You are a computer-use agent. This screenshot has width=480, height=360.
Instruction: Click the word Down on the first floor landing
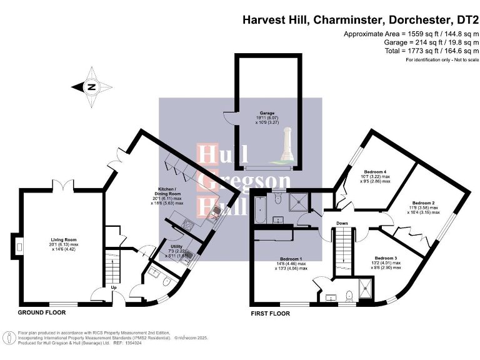tap(342, 223)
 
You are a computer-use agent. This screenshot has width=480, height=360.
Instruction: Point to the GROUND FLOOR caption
tap(42, 312)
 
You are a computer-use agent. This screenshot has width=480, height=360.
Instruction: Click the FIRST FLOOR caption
tap(270, 313)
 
